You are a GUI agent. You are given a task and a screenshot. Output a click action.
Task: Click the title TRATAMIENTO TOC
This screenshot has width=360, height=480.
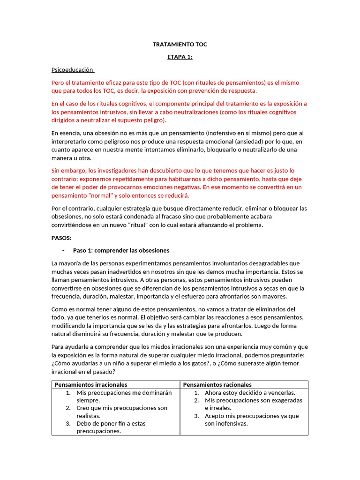180,45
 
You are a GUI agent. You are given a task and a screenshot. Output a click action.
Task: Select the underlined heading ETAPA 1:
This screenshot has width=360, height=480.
180,57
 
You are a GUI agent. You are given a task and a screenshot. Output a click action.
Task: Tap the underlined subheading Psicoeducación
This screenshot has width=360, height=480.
72,70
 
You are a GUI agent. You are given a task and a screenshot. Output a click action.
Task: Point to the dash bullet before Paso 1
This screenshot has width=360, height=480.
63,250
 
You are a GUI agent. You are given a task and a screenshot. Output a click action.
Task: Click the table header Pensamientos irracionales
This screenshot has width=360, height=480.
91,384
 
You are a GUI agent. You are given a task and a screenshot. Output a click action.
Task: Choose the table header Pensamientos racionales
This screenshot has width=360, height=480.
217,384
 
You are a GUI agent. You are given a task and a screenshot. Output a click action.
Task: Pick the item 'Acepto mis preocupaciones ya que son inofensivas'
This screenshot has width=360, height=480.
251,420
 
